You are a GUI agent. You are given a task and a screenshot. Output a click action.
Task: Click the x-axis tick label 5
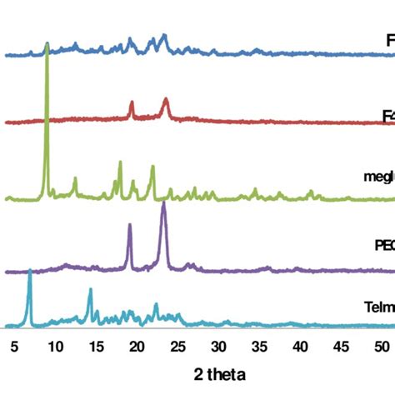14,346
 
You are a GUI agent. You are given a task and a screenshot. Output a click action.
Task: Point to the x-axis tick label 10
55,346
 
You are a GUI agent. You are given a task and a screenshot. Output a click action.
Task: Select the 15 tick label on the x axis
96,346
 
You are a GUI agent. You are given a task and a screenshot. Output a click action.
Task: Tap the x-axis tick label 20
137,346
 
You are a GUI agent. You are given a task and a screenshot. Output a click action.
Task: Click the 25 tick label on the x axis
177,346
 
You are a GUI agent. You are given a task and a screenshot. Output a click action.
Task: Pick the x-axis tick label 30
218,346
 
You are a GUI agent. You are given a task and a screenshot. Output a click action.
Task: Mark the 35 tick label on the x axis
259,346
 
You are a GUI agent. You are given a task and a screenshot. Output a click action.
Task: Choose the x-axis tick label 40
299,346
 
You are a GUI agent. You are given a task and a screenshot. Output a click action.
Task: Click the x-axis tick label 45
340,346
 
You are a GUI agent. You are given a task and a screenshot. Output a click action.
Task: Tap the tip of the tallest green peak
47,44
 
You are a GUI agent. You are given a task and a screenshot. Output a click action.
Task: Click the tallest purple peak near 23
163,203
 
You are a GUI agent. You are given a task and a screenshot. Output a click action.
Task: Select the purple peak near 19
130,225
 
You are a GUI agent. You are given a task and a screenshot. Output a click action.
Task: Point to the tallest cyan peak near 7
30,271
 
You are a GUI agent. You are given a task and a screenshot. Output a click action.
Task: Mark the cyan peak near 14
90,289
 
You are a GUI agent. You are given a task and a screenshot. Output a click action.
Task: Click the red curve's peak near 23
166,99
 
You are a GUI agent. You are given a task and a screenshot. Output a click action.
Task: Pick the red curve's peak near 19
132,102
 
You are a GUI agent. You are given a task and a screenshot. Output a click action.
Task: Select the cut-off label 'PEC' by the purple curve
382,245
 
